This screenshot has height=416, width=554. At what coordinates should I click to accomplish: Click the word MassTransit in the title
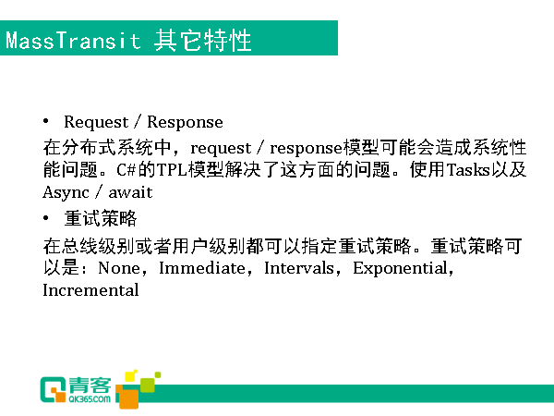73,40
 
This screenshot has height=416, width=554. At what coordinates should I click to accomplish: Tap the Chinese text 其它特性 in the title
202,41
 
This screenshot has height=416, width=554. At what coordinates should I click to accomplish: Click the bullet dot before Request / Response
46,121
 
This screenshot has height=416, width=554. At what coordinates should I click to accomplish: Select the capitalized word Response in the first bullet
185,122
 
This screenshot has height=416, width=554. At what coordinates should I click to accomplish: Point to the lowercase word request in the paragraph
221,148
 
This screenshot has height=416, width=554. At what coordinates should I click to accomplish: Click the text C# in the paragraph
126,170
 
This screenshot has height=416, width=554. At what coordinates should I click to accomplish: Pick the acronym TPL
172,170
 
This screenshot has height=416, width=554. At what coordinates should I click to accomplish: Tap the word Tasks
468,170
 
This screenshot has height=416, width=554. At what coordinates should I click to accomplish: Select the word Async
66,193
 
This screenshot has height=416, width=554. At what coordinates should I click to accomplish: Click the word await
130,193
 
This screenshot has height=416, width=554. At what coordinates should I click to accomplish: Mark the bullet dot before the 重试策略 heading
46,218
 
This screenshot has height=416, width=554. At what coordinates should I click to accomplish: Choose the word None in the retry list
119,268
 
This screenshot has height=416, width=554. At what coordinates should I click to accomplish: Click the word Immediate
201,268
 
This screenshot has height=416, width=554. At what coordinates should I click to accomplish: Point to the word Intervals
299,268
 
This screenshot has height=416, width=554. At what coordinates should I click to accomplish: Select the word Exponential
401,269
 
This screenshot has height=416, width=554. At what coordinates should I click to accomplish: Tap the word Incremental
90,290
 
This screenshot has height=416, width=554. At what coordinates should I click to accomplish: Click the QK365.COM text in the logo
90,399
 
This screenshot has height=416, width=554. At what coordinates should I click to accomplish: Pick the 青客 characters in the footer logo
90,385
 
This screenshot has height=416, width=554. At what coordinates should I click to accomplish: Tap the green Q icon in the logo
53,390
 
